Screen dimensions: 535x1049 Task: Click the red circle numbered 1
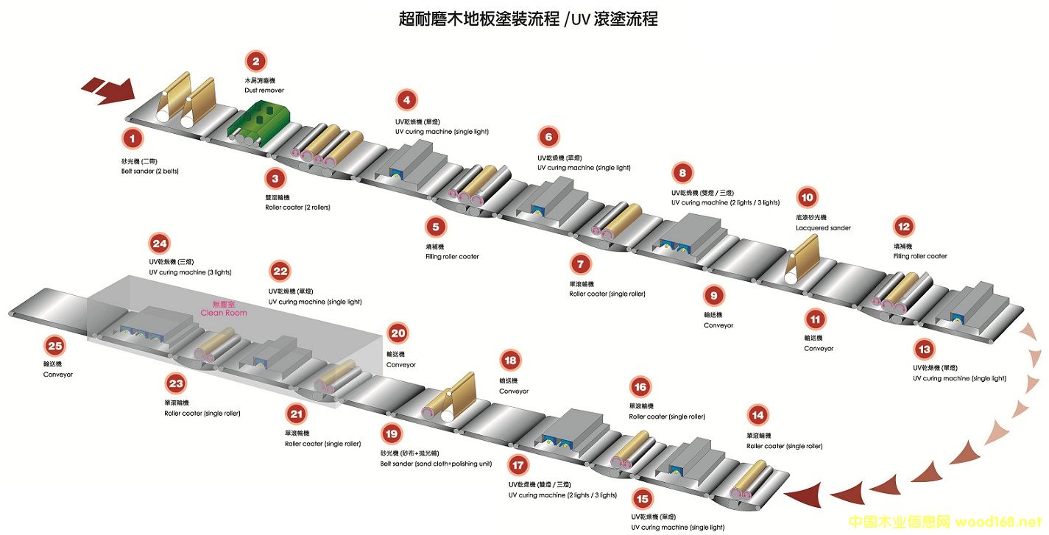pos(133,138)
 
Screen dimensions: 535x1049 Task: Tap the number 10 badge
pos(808,197)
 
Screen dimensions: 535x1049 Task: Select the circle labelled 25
pos(54,345)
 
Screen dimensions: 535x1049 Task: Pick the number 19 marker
pos(392,434)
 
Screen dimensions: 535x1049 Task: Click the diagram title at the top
pos(528,19)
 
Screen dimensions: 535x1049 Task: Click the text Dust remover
pos(264,91)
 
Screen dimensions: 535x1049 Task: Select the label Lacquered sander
pos(823,228)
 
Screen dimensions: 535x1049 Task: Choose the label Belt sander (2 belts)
pos(150,171)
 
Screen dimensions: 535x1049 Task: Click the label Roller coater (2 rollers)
pos(297,208)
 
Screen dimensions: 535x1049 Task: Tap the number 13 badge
pos(924,349)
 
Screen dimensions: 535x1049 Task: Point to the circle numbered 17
pos(519,465)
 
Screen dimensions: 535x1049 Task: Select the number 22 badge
pos(280,272)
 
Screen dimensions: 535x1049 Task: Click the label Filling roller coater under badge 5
pos(452,257)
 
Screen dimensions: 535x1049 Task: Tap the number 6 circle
pos(548,137)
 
